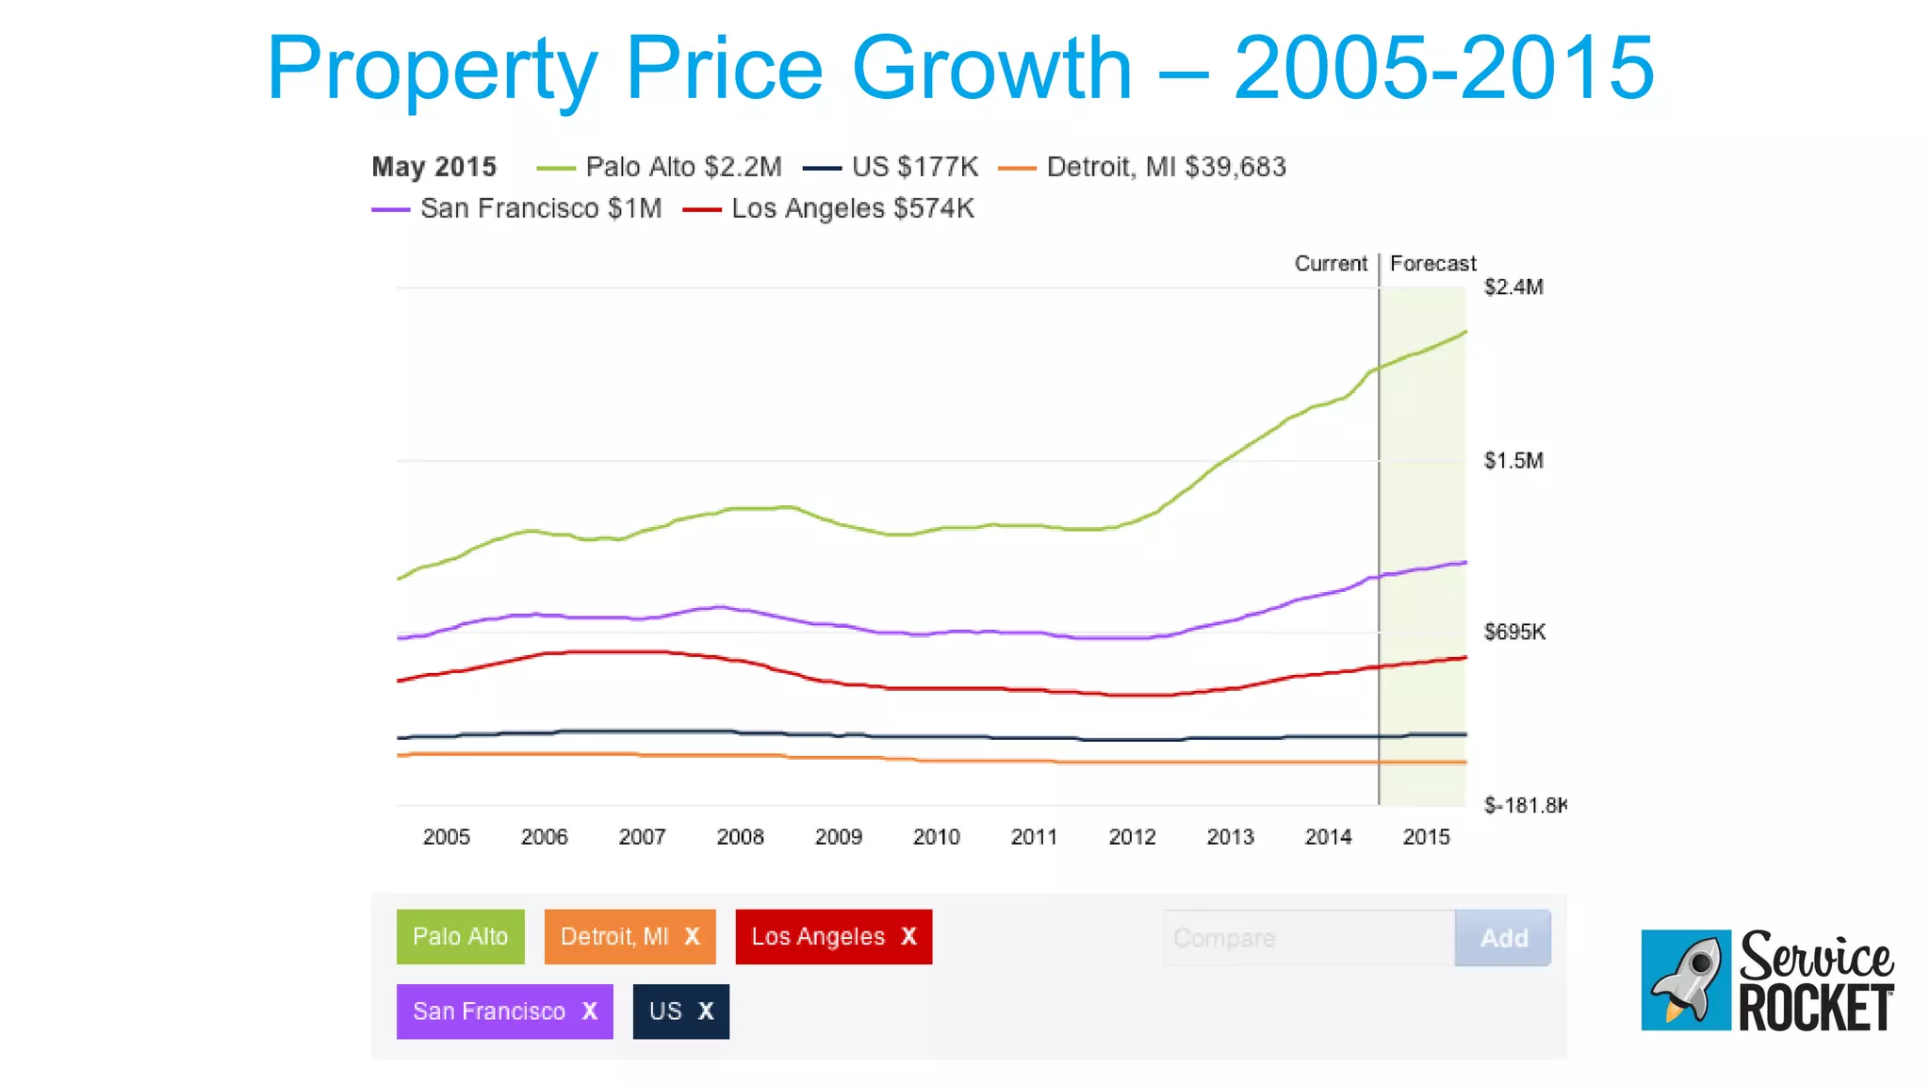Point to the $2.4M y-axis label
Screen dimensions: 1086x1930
1513,287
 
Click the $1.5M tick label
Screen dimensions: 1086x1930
1513,460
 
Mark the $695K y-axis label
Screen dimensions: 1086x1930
1514,632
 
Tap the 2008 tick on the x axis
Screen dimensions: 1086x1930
740,836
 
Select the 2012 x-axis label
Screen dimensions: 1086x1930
1132,836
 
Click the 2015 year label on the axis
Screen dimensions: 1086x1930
1426,836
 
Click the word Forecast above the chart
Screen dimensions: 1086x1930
1432,263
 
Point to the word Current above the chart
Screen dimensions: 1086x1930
1330,263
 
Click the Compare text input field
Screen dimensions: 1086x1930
1308,938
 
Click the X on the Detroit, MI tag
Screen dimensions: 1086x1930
692,936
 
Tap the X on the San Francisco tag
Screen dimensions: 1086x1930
589,1011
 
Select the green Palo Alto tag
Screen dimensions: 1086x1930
460,936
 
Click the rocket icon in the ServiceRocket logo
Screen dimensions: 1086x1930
1686,979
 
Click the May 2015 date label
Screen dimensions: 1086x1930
433,167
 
